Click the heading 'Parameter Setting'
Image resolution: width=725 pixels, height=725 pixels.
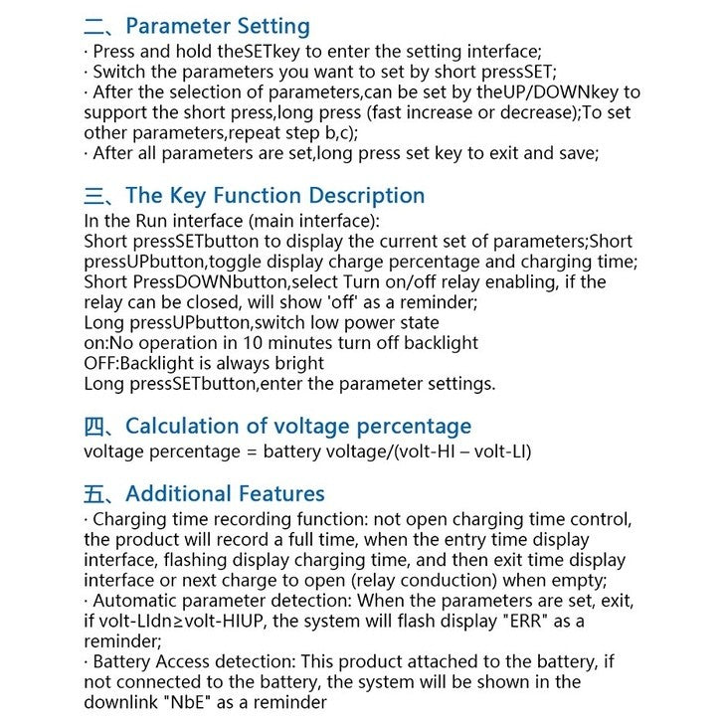(218, 27)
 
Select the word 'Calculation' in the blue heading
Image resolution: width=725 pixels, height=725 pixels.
(181, 427)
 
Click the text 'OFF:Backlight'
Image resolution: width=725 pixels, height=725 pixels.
(136, 364)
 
